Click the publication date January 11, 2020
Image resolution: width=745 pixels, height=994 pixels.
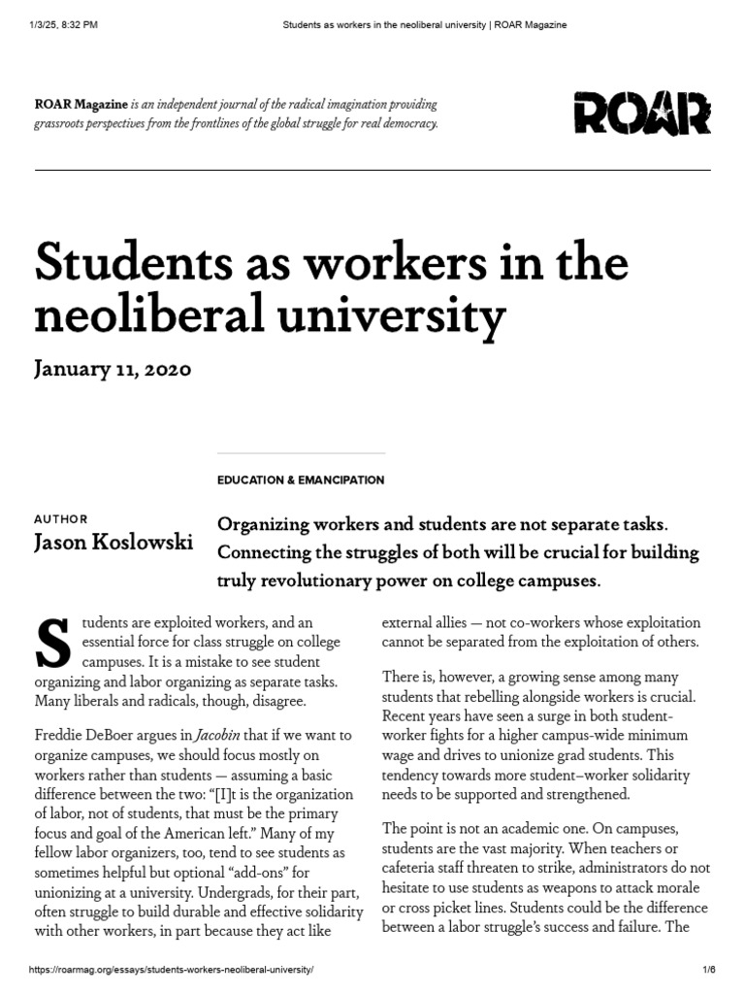pos(113,369)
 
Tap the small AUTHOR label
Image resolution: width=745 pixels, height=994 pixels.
pos(60,519)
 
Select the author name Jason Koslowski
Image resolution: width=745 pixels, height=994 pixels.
pos(113,542)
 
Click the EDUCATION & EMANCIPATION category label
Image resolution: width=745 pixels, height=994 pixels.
pos(301,480)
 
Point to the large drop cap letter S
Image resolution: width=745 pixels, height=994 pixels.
pos(53,643)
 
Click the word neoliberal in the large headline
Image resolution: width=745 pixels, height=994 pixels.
pos(136,315)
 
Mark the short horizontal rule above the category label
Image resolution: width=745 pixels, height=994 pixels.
pos(301,452)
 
